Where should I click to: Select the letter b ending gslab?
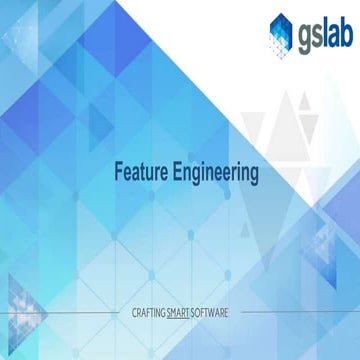[343, 32]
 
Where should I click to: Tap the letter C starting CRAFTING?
[135, 313]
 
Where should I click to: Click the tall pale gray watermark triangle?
[290, 140]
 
